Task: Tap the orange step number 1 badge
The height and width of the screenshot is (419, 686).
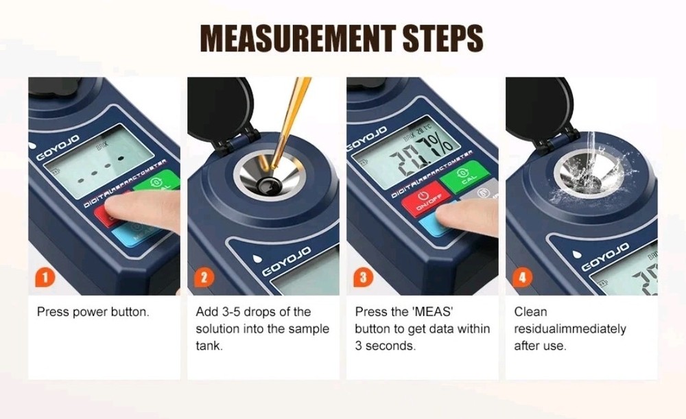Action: click(x=44, y=278)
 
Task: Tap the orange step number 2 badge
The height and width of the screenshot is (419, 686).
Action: click(x=204, y=278)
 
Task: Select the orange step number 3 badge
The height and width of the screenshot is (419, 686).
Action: click(x=363, y=278)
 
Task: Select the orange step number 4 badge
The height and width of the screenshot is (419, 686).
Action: click(x=523, y=278)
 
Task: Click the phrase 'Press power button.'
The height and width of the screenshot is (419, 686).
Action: click(x=93, y=312)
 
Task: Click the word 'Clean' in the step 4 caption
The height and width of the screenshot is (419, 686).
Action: click(x=530, y=312)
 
